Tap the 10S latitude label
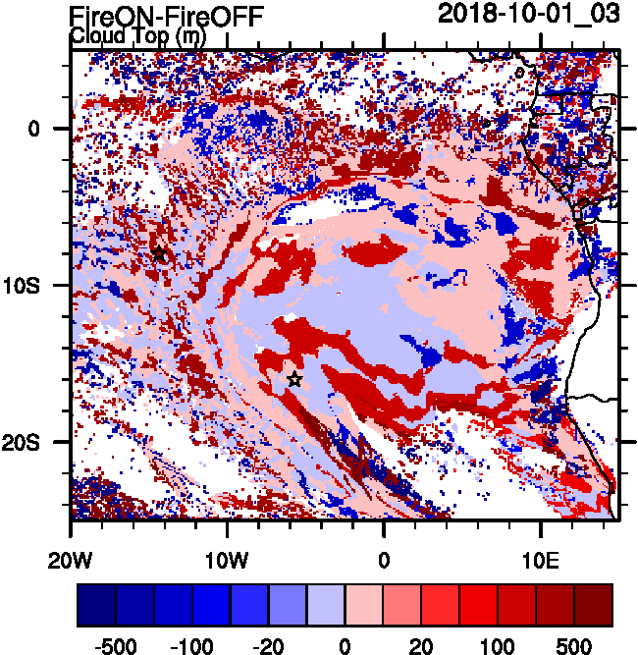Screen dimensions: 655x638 coord(27,286)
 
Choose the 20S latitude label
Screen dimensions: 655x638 coord(27,443)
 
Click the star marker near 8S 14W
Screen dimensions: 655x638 coord(159,254)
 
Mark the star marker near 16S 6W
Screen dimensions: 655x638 coord(293,379)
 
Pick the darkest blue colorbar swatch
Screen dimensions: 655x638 coord(96,605)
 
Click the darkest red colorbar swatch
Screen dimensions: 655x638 coord(594,605)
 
